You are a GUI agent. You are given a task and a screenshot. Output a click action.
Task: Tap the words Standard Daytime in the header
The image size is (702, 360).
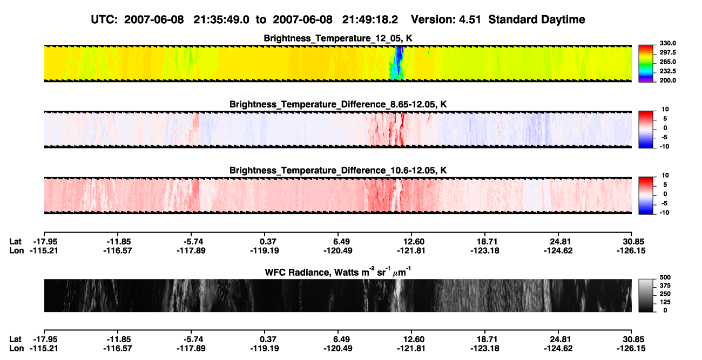pos(537,20)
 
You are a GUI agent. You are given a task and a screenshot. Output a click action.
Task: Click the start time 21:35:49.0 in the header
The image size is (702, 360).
pos(221,20)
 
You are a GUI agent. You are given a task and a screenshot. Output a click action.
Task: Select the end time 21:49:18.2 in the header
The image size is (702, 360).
pos(370,20)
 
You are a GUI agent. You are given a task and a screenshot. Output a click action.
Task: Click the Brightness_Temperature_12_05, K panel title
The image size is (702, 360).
pos(338,38)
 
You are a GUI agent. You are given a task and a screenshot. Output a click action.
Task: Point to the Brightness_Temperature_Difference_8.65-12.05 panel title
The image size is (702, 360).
pos(338,104)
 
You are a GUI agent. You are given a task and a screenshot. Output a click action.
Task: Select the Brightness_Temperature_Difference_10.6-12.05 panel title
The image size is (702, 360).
pos(338,171)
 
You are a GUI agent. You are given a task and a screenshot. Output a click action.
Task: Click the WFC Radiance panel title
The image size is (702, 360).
pos(338,272)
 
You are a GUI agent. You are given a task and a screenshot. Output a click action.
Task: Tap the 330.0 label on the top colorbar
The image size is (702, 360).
pos(667,43)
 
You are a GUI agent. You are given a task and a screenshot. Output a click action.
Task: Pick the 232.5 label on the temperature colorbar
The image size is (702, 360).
pos(667,71)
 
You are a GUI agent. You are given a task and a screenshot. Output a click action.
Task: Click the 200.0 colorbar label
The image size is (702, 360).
pos(667,80)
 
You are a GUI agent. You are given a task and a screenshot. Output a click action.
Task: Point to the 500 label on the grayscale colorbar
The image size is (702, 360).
pos(665,277)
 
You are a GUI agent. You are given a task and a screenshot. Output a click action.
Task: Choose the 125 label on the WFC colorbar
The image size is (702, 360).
pos(665,302)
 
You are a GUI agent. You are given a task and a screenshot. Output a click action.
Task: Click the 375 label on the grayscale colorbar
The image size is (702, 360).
pos(665,286)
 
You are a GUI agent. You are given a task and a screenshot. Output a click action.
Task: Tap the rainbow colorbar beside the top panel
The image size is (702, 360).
pos(646,64)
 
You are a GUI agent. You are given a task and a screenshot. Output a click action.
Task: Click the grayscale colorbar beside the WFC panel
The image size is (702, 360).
pos(646,295)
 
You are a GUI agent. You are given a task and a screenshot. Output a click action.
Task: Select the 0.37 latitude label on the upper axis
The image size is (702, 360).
pos(268,242)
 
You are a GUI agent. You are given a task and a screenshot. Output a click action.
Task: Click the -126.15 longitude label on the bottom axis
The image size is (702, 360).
pos(631,349)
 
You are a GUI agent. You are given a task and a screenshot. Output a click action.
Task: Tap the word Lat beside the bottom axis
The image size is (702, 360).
pos(15,339)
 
